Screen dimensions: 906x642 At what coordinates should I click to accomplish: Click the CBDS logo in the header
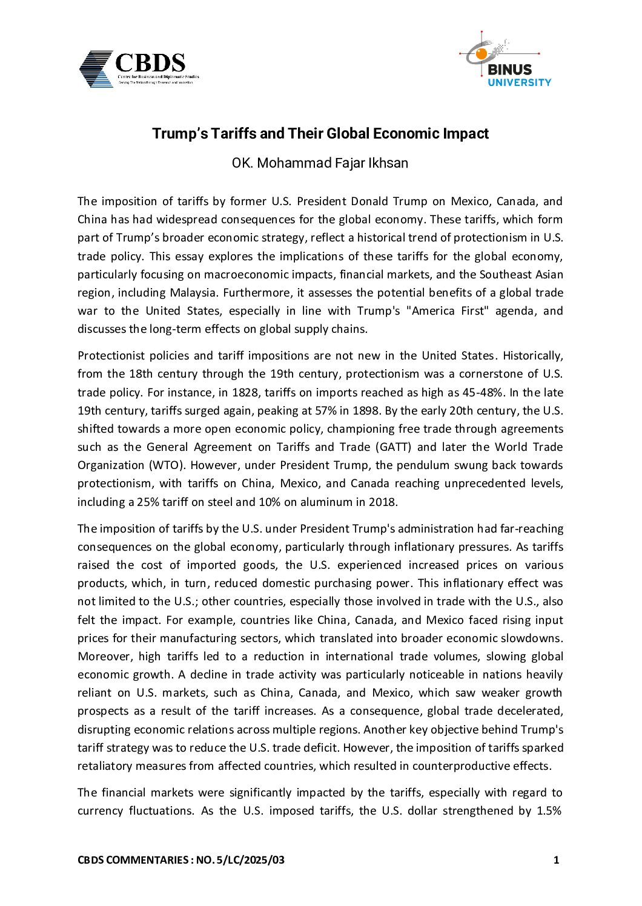point(139,69)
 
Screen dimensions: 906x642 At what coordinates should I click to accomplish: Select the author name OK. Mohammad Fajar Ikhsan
point(320,163)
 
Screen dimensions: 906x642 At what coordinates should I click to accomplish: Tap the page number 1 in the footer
point(556,859)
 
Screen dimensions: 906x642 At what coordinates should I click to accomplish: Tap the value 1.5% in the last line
point(550,811)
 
